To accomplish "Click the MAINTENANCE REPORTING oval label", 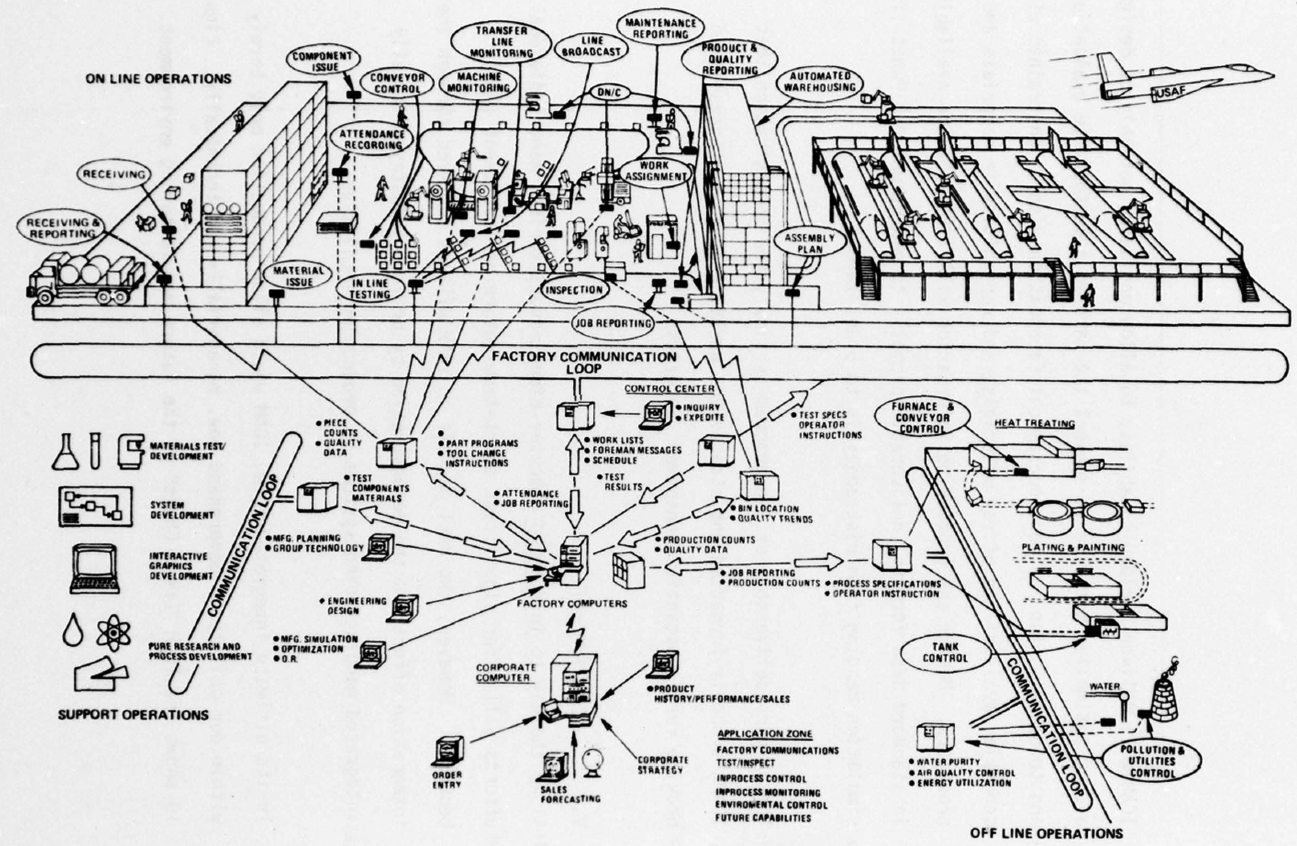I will point(660,28).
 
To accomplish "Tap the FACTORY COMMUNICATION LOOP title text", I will point(584,362).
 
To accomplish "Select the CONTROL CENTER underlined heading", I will point(669,389).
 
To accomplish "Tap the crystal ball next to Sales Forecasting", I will point(592,760).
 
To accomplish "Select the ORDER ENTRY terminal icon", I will point(447,752).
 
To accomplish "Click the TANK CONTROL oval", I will point(945,653).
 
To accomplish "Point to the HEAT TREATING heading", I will point(1034,423).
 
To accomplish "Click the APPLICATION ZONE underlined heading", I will point(764,734).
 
